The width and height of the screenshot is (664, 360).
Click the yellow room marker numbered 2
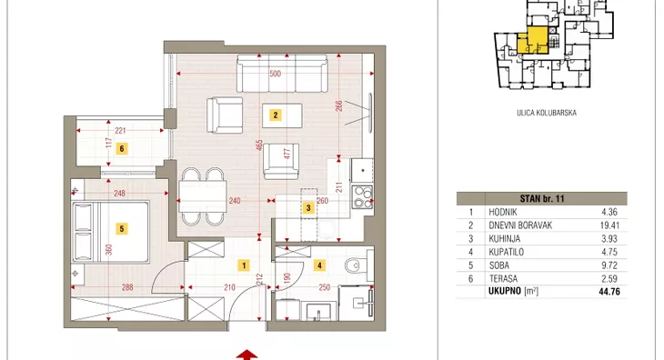(x=276, y=115)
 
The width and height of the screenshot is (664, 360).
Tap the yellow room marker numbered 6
(x=122, y=148)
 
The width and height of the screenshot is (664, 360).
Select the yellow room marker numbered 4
(x=319, y=265)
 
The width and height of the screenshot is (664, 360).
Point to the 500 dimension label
(x=276, y=74)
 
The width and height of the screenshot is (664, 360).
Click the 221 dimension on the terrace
(x=120, y=131)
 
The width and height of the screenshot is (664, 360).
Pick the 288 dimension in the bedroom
(x=127, y=287)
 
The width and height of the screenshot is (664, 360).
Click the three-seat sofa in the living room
(x=282, y=74)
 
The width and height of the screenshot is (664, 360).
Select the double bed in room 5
(x=111, y=232)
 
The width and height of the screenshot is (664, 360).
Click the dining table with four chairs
(x=203, y=196)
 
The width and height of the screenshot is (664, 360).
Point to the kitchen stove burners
(x=362, y=197)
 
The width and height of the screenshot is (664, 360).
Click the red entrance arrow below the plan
(x=246, y=355)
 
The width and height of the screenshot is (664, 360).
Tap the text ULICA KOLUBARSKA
(x=547, y=113)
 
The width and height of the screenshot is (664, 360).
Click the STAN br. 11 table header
(x=542, y=198)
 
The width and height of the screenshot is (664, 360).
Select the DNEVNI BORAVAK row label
(x=520, y=225)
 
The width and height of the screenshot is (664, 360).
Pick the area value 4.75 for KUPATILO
(x=609, y=252)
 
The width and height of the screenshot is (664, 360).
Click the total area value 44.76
(x=609, y=292)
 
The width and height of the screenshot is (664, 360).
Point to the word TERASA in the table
(x=503, y=279)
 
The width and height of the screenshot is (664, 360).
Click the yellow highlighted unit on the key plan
(x=535, y=41)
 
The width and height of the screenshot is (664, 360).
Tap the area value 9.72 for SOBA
(x=609, y=265)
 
